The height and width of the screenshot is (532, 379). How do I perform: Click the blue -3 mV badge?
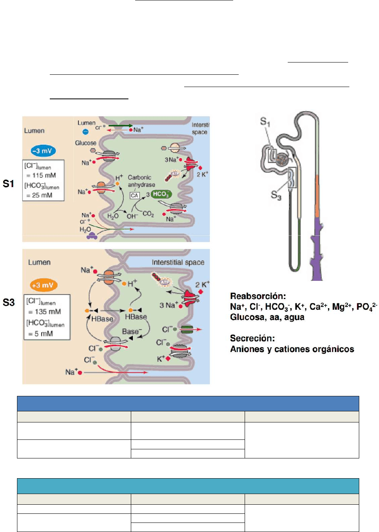[x=43, y=151]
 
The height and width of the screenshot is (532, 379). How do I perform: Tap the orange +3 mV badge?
[x=43, y=285]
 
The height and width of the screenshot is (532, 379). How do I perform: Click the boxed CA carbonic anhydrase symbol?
[x=134, y=195]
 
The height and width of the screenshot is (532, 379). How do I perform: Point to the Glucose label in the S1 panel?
[x=86, y=143]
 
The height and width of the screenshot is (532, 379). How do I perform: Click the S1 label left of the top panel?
[x=8, y=184]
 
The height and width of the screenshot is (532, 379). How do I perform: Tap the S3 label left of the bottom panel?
[x=8, y=303]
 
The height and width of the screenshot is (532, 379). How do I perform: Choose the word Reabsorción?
[x=258, y=296]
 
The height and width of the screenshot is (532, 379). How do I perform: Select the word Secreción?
[x=252, y=338]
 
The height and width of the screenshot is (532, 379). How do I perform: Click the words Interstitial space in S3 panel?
[x=178, y=262]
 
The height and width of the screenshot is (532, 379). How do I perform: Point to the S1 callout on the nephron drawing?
[x=265, y=122]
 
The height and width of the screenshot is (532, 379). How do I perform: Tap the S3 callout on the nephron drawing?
[x=276, y=195]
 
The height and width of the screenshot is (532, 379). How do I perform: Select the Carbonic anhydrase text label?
[x=141, y=181]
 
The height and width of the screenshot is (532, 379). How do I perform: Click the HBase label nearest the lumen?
[x=102, y=319]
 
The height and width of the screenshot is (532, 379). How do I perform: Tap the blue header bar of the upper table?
[x=188, y=403]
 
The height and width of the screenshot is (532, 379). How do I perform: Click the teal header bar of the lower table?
[x=188, y=486]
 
